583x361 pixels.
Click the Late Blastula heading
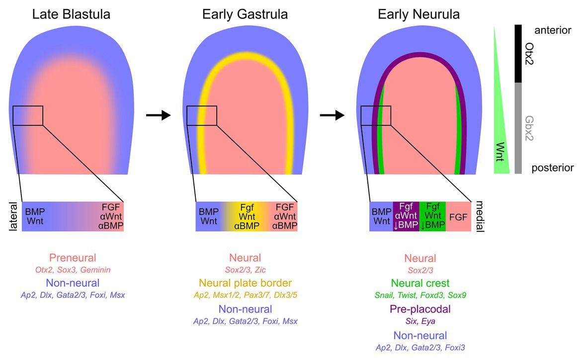(x=71, y=14)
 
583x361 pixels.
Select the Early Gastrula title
(x=245, y=14)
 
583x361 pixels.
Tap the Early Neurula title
(x=418, y=14)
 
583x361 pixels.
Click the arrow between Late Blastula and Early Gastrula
(x=158, y=115)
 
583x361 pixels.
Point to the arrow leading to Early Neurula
(x=332, y=115)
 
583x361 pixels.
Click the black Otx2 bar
(x=518, y=54)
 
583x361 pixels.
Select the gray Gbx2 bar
(x=518, y=128)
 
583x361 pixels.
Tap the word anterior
(x=553, y=30)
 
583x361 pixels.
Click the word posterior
(x=553, y=168)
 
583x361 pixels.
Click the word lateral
(x=13, y=216)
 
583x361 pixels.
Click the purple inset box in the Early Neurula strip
(x=406, y=216)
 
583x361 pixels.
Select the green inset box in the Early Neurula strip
(x=432, y=216)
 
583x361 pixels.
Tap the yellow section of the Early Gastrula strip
(x=246, y=216)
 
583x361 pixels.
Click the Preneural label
(x=72, y=258)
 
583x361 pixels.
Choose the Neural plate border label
(x=246, y=284)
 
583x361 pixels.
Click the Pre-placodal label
(x=420, y=309)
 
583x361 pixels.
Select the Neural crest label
(x=420, y=284)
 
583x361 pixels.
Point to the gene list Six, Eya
(x=420, y=321)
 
